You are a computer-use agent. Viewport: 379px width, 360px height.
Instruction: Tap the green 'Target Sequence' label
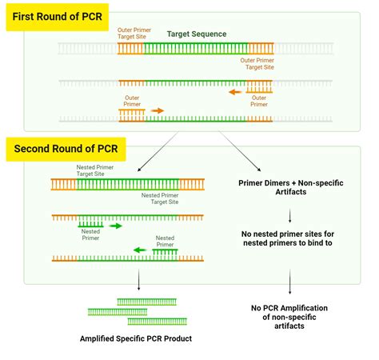coord(196,34)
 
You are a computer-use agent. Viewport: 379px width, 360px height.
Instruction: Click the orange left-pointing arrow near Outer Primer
coord(233,92)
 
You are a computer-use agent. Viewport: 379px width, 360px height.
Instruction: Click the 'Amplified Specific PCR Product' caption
coord(136,339)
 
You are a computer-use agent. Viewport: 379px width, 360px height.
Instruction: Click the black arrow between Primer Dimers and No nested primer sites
coord(289,214)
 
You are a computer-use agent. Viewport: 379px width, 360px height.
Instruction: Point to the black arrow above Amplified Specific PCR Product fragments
coord(139,280)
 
